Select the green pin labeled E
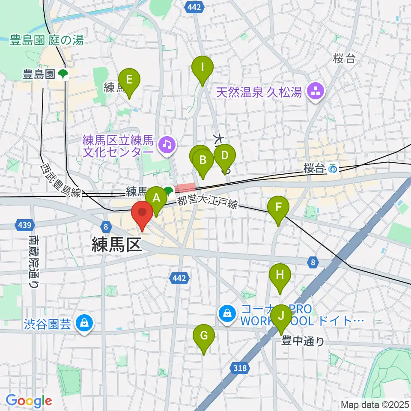click(x=129, y=80)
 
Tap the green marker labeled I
click(x=202, y=68)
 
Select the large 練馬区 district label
click(x=116, y=245)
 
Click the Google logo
click(x=29, y=401)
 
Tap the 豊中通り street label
click(x=303, y=341)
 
